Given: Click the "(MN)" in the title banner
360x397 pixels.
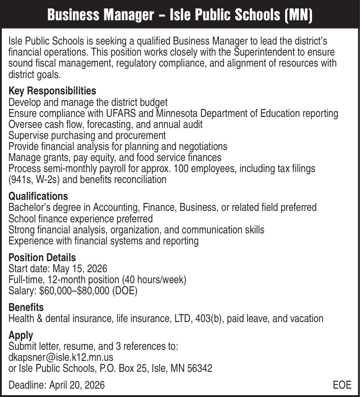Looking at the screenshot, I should [298, 16].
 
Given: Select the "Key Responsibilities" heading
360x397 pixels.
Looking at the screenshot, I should [52, 91].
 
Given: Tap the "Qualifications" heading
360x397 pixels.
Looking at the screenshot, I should [38, 196].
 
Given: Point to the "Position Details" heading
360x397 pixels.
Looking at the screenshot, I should [42, 257].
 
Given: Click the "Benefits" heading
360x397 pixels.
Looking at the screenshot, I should [26, 307].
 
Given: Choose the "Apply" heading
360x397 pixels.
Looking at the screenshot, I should [21, 335].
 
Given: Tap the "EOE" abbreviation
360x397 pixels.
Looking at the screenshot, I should [342, 385].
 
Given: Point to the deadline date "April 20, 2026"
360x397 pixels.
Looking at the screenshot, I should [77, 385].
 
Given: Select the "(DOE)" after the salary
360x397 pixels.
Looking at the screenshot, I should [125, 291].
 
